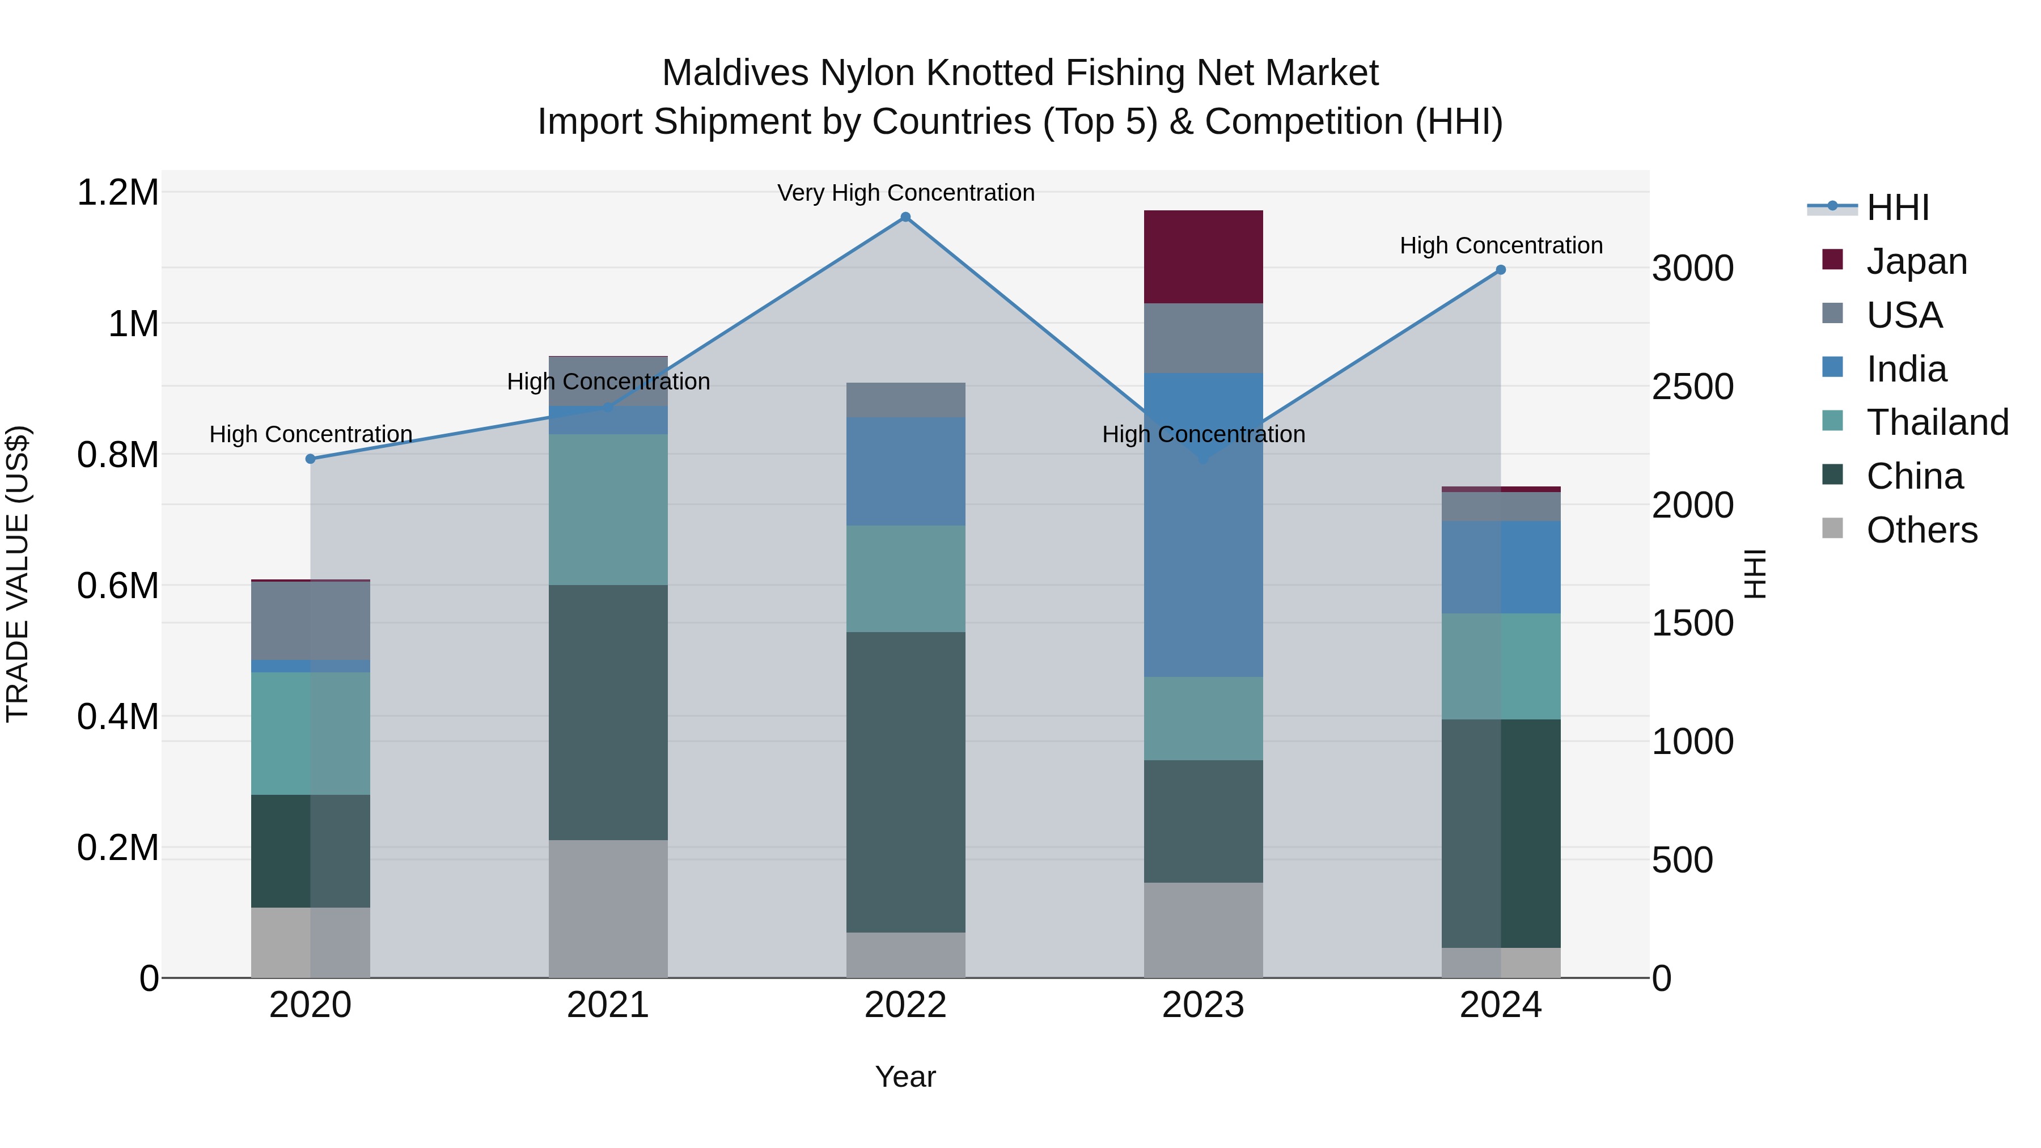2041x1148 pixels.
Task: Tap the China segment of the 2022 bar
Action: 905,781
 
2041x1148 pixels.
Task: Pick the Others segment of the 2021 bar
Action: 608,908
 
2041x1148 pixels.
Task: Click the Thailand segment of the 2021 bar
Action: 608,510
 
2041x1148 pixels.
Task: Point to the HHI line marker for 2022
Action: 905,217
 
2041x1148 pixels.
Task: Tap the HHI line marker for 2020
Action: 311,459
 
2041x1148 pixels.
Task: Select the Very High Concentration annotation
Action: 905,193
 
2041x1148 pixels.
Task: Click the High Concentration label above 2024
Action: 1501,245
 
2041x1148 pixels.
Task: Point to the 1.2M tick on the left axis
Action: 117,193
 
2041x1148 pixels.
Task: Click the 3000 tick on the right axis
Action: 1692,269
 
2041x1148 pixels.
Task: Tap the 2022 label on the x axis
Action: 905,1005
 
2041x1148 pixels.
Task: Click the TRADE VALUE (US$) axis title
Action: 18,574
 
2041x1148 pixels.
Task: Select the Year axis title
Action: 905,1077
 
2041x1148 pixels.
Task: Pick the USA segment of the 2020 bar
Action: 311,620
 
